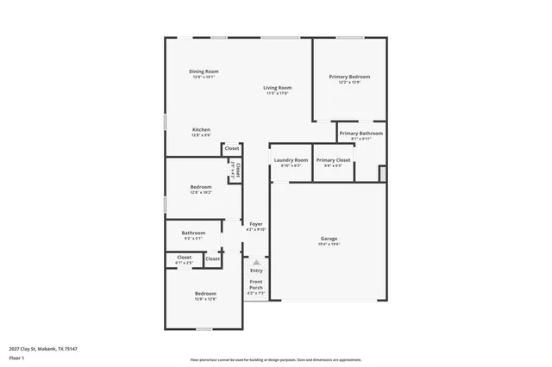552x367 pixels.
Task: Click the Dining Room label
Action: pos(204,71)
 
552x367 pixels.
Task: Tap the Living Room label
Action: pos(278,87)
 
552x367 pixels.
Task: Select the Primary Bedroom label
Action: pos(348,77)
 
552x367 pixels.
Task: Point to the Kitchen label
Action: pos(201,130)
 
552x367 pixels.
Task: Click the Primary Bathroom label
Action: pos(361,134)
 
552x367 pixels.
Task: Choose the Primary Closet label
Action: pos(333,160)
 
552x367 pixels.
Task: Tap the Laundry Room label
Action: pos(291,160)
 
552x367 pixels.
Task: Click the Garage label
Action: pos(329,239)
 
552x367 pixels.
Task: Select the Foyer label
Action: pos(256,224)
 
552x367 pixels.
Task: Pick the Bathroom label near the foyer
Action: pos(193,233)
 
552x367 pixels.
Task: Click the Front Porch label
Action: pos(256,285)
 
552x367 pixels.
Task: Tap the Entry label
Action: pos(256,271)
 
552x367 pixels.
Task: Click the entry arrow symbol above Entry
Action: pos(256,262)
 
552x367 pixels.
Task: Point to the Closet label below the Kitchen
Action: pos(232,148)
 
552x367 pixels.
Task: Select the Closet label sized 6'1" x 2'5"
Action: pos(184,257)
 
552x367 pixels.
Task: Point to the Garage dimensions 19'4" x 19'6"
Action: pos(329,244)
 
